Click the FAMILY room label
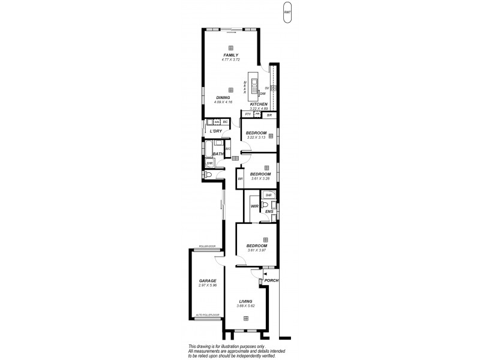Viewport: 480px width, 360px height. point(231,55)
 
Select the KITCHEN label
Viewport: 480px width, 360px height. point(259,104)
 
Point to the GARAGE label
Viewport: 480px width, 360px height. point(208,280)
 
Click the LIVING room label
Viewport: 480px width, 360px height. point(245,301)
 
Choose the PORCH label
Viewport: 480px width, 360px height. point(272,281)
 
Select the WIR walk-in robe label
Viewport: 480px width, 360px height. point(254,206)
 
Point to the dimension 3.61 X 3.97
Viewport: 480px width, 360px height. point(256,250)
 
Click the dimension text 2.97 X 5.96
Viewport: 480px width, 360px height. point(208,285)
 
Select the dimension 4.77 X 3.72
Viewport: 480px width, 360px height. point(231,59)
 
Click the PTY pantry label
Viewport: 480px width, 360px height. point(247,113)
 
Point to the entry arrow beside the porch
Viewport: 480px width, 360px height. point(265,273)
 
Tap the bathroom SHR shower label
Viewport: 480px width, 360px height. point(209,163)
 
